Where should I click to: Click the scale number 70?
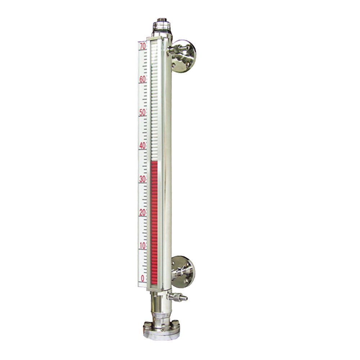[143, 46]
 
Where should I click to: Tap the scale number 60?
[143, 80]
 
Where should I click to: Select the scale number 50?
[143, 112]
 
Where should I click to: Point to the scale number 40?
[143, 146]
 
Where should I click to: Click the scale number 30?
[143, 179]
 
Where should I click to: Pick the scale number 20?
[143, 212]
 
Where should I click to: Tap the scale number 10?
[143, 246]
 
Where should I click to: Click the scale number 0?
[143, 279]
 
